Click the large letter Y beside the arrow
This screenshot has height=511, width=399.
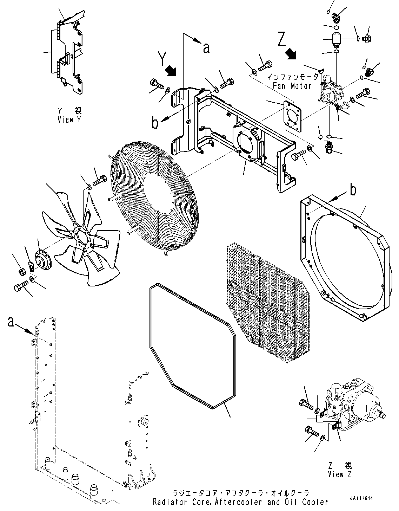162,59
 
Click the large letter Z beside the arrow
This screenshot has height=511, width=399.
281,39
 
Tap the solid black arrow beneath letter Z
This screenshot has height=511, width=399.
291,53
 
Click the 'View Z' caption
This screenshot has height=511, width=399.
340,474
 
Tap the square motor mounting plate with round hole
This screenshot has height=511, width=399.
293,116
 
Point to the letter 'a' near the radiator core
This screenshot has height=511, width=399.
11,322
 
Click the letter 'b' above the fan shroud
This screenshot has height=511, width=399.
353,190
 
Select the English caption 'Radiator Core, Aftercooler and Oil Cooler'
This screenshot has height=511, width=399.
240,502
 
